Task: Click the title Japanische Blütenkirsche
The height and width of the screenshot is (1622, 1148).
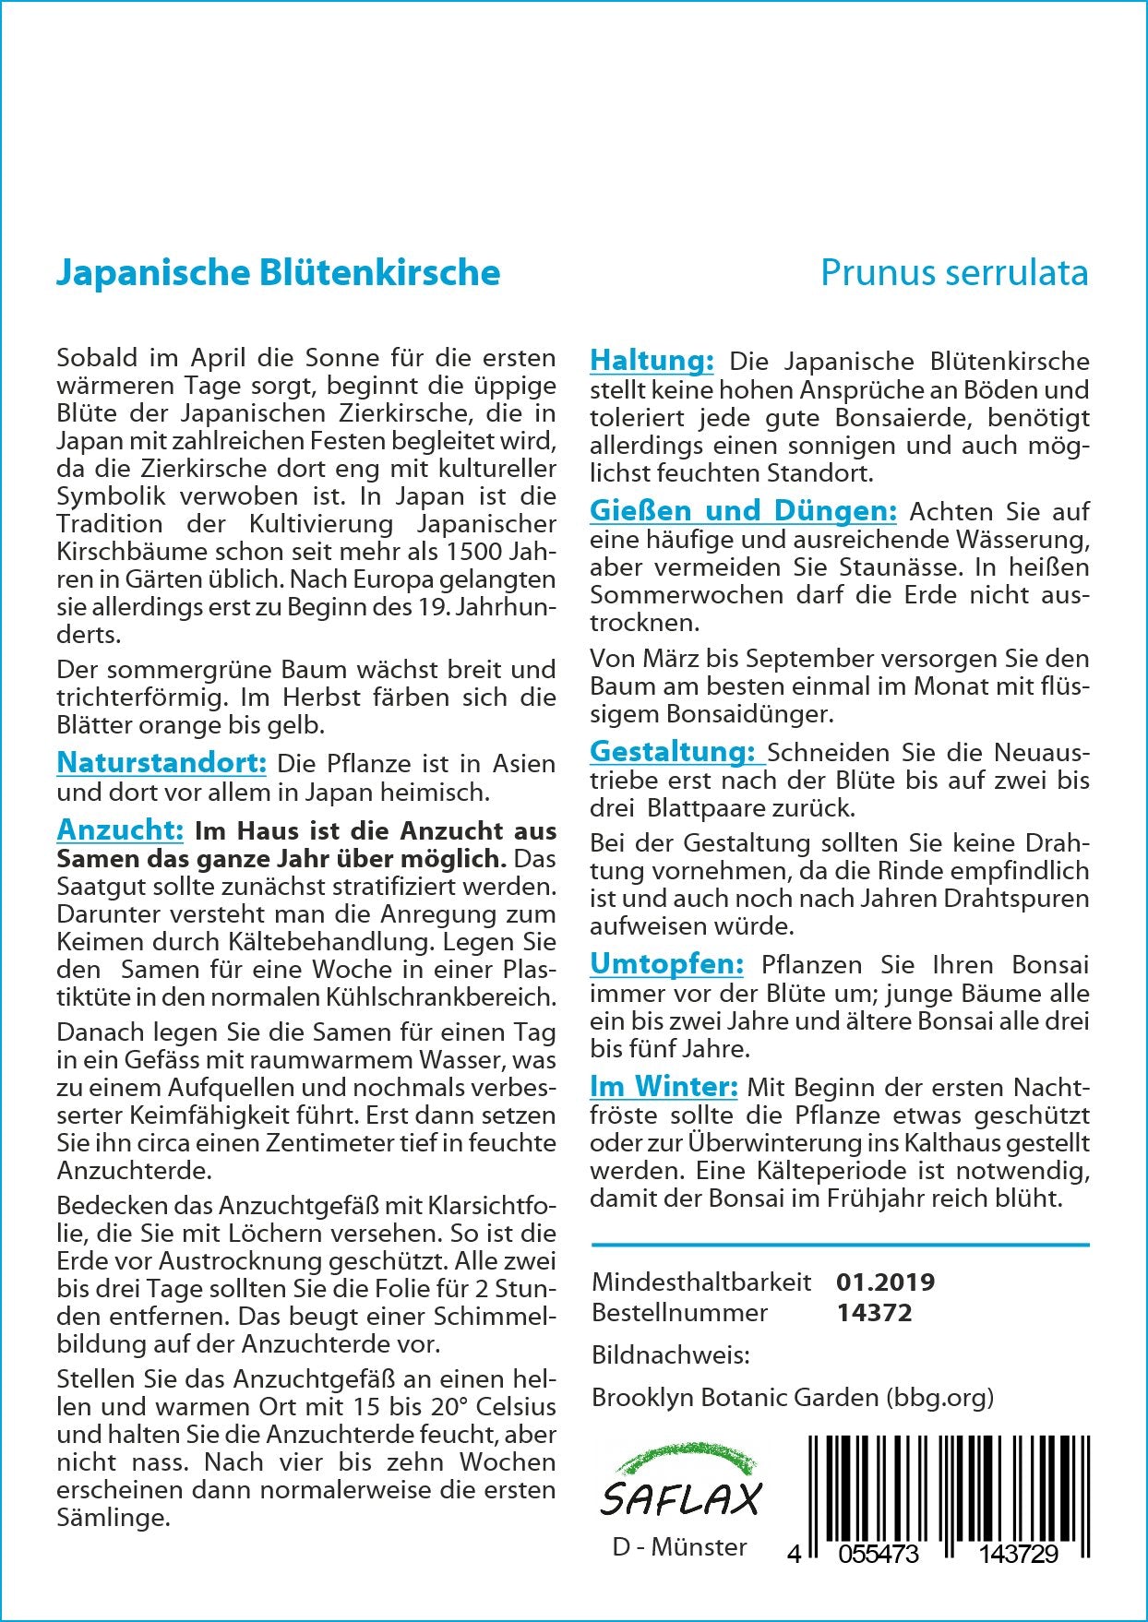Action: pyautogui.click(x=278, y=273)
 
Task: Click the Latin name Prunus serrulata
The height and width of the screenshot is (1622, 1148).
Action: pyautogui.click(x=954, y=273)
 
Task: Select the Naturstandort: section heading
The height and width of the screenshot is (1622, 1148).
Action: pyautogui.click(x=161, y=763)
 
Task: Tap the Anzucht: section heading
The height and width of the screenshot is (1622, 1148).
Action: pyautogui.click(x=120, y=829)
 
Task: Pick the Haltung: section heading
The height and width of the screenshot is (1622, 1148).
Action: pyautogui.click(x=652, y=361)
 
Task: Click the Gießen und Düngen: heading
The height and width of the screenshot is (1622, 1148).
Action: pyautogui.click(x=743, y=510)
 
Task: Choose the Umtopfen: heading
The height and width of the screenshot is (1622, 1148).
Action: pyautogui.click(x=666, y=964)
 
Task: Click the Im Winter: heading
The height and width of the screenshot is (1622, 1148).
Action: pyautogui.click(x=664, y=1086)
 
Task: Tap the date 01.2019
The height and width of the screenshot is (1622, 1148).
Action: pyautogui.click(x=885, y=1282)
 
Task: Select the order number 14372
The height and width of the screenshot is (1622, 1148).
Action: pyautogui.click(x=874, y=1312)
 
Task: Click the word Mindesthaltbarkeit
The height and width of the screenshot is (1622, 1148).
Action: pyautogui.click(x=701, y=1282)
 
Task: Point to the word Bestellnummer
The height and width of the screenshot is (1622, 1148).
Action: pyautogui.click(x=679, y=1312)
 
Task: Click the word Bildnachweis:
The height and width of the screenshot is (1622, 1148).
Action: pyautogui.click(x=671, y=1354)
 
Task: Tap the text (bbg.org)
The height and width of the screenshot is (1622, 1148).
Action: pyautogui.click(x=939, y=1397)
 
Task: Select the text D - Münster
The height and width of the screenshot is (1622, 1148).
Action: pyautogui.click(x=679, y=1546)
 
